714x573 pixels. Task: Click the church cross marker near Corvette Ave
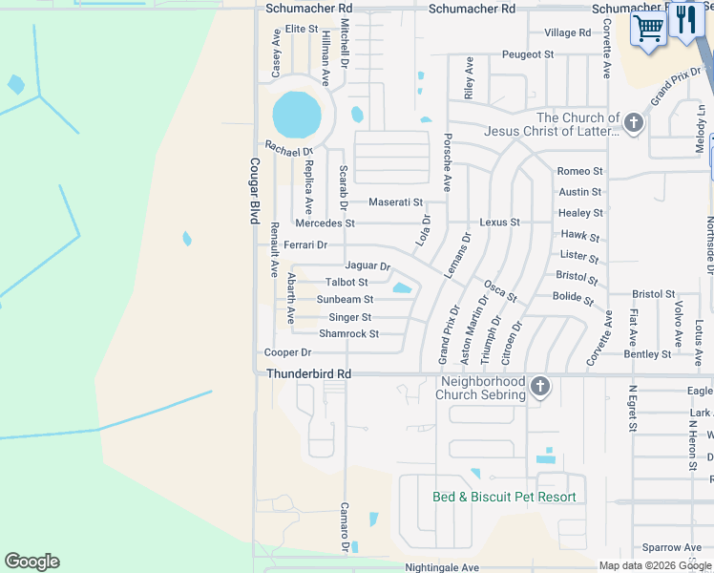[x=634, y=122]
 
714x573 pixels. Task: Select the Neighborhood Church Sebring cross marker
[x=540, y=386]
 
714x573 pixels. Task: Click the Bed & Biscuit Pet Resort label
[x=504, y=497]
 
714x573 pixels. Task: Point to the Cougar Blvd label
[x=255, y=191]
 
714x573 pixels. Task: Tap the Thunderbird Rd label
[x=309, y=374]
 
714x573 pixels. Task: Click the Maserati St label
[x=396, y=202]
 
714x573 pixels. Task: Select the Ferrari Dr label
[x=305, y=245]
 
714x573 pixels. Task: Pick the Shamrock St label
[x=348, y=334]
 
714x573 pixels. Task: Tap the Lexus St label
[x=499, y=222]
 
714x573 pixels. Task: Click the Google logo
[x=31, y=562]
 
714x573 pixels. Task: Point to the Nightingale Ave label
[x=442, y=567]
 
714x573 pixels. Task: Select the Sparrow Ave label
[x=671, y=547]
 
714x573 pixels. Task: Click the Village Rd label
[x=567, y=32]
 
